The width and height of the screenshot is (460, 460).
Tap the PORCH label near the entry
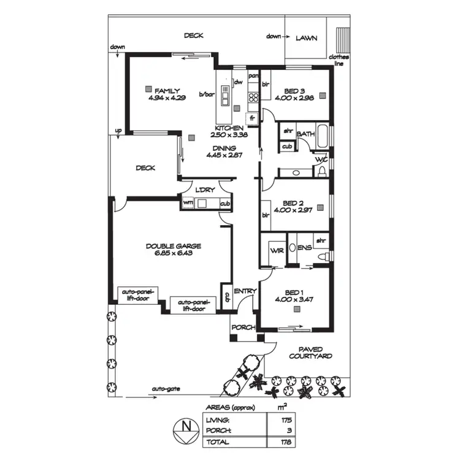point(243,328)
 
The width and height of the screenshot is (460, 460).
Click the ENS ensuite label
point(304,248)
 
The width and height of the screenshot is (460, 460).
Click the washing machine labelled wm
point(188,202)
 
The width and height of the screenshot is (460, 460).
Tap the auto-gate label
point(166,388)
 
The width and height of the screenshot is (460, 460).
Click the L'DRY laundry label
point(205,189)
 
